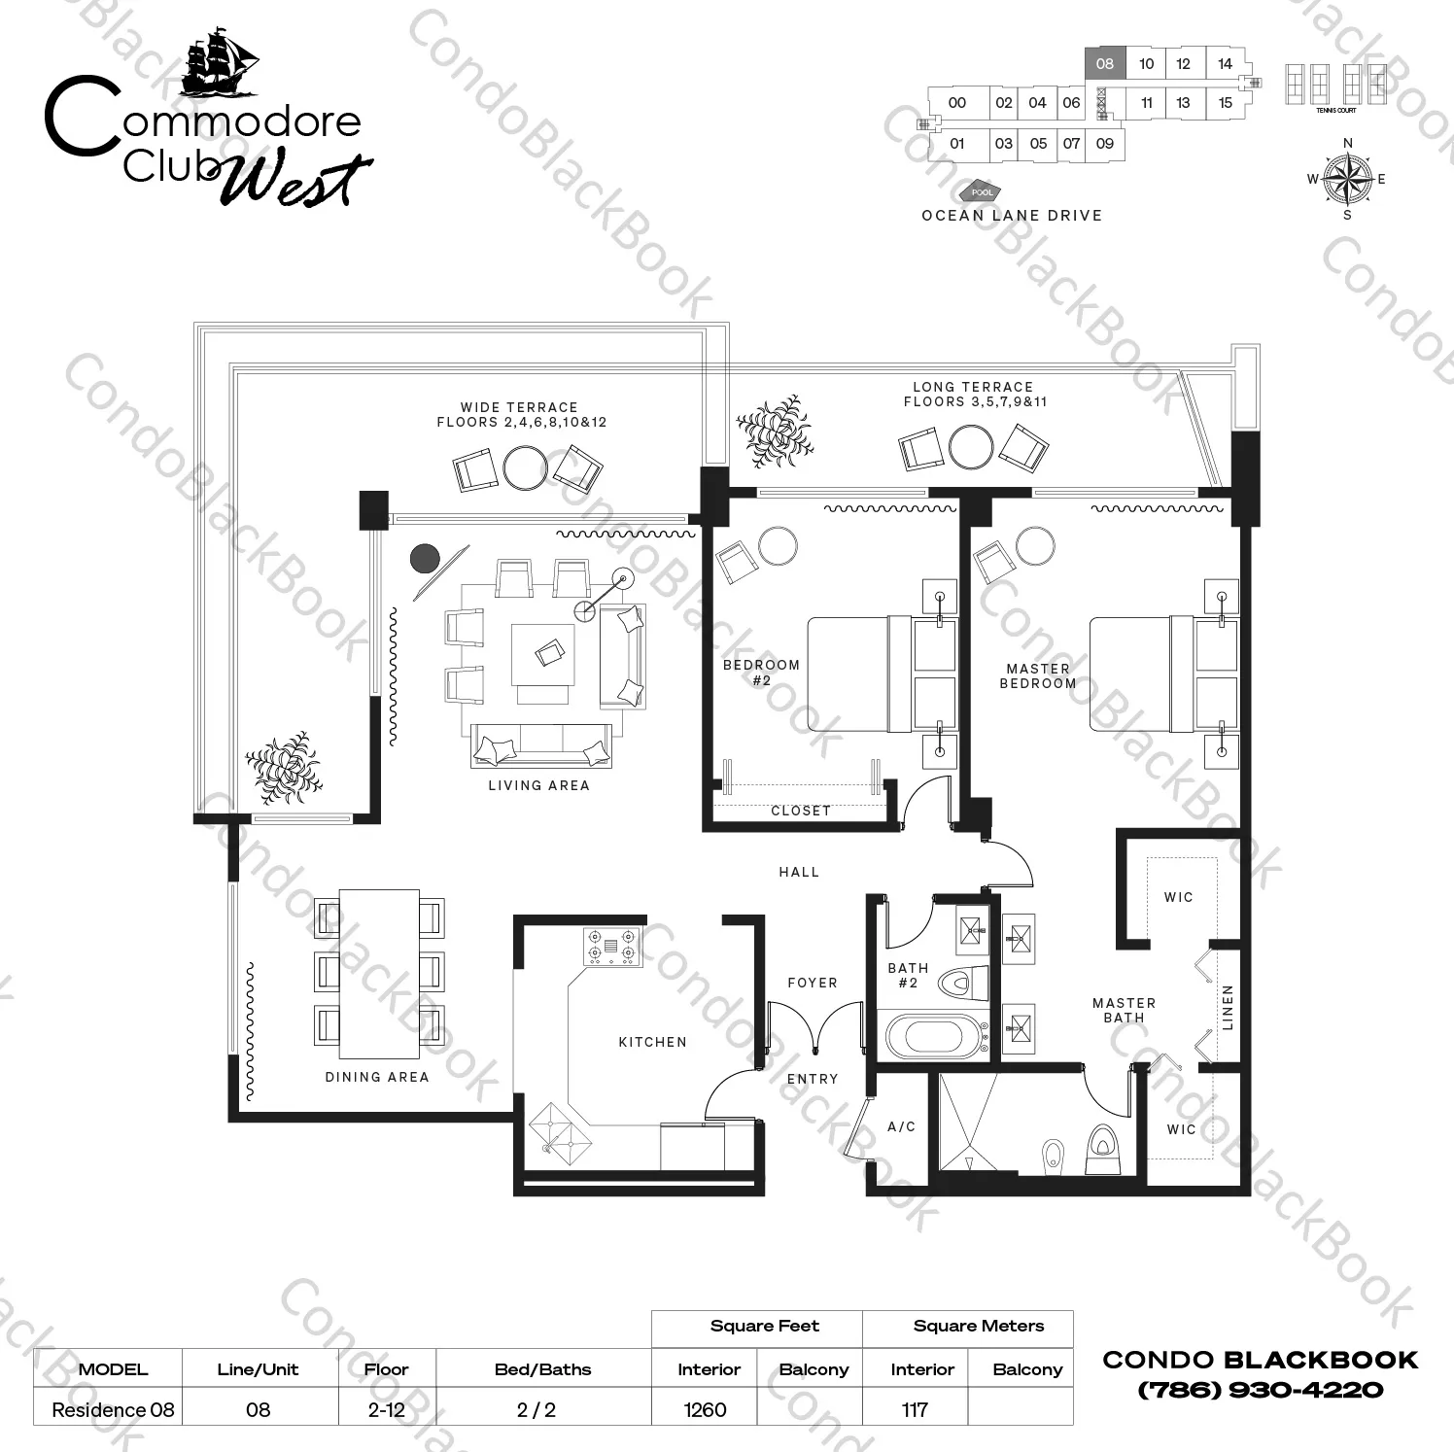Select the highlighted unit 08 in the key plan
(1105, 64)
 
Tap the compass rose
(1347, 179)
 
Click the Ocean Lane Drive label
(1012, 216)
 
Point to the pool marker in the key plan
(982, 192)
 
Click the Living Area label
(538, 785)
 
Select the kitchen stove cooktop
(611, 947)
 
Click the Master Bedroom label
(1038, 676)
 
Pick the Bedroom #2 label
(761, 673)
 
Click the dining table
(379, 974)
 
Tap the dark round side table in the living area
(425, 559)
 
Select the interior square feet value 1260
(705, 1409)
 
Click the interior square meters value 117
(915, 1409)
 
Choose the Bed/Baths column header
(542, 1369)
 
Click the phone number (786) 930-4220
(1260, 1390)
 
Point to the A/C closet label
(901, 1126)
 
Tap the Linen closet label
(1228, 1007)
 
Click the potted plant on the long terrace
(774, 431)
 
